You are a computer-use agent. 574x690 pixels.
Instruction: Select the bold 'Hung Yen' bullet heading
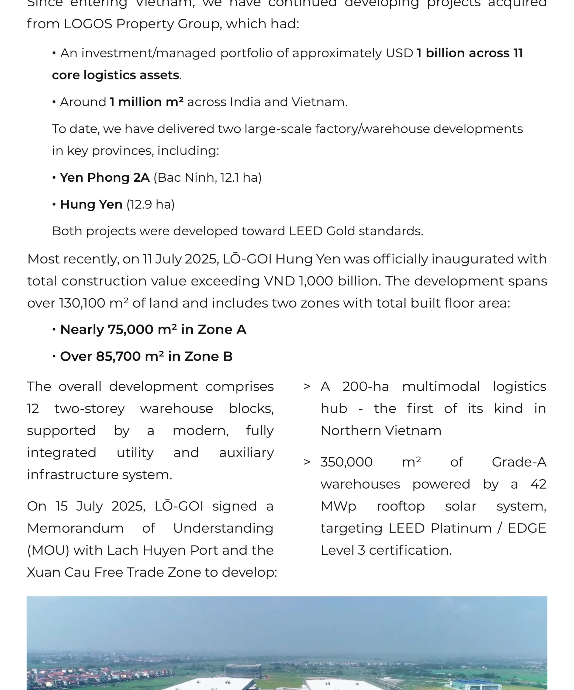click(91, 204)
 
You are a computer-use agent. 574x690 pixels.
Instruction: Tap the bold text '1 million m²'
click(147, 102)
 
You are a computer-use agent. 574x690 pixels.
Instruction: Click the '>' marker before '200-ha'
click(307, 387)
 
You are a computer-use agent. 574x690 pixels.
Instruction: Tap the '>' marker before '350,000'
click(307, 462)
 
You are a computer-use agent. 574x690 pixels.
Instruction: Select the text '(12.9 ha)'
click(150, 204)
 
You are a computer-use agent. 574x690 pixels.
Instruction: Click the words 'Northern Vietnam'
click(381, 430)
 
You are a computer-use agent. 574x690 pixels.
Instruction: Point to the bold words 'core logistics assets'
click(115, 75)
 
